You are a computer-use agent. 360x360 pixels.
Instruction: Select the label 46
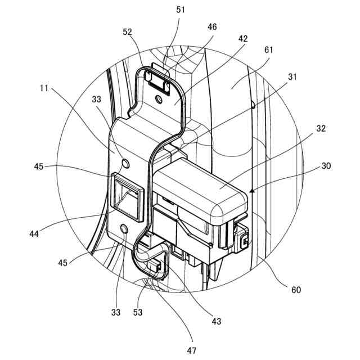211,26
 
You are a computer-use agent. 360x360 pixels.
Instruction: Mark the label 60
295,290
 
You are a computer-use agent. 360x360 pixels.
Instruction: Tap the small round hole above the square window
125,163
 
